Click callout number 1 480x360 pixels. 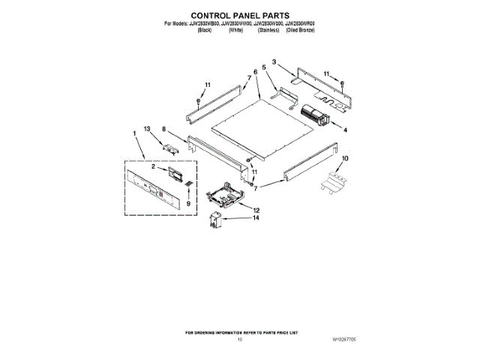pyautogui.click(x=134, y=134)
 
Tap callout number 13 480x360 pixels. pyautogui.click(x=148, y=129)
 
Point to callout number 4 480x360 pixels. pyautogui.click(x=346, y=130)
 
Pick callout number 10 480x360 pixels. pyautogui.click(x=345, y=159)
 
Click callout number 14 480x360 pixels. pyautogui.click(x=255, y=218)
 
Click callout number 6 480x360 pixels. pyautogui.click(x=255, y=72)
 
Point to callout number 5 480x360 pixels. pyautogui.click(x=264, y=67)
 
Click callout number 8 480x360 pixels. pyautogui.click(x=163, y=129)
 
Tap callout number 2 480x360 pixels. pyautogui.click(x=153, y=167)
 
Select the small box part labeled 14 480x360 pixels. pyautogui.click(x=217, y=222)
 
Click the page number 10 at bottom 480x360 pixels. pyautogui.click(x=239, y=340)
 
